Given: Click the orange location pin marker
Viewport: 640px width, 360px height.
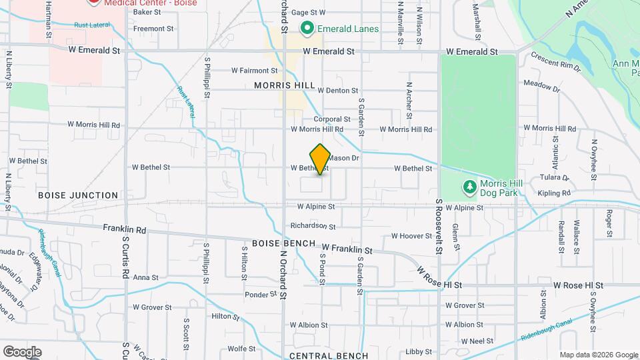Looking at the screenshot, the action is point(320,159).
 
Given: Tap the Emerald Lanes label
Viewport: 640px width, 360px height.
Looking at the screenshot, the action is point(347,29).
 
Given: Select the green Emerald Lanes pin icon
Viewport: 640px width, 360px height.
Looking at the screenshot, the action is point(307,29).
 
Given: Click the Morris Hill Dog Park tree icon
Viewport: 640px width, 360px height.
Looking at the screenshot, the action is point(471,187).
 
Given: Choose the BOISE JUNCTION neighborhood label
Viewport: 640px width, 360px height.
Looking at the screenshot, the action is point(78,195).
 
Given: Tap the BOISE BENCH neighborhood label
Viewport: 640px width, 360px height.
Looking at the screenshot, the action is point(283,243).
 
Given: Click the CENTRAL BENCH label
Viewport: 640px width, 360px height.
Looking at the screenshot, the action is point(329,356).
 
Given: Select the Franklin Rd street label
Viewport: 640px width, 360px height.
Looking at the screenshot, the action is point(124,228).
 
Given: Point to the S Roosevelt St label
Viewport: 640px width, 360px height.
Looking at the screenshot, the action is point(439,225).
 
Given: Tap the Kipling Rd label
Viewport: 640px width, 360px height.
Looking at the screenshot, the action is point(556,193).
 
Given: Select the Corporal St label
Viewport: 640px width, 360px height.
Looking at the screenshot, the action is point(337,119).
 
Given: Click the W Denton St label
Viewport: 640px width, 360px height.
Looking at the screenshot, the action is point(338,90).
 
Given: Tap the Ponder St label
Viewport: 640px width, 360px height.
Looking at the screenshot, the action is point(261,294).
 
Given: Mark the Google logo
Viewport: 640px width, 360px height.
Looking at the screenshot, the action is point(22,351).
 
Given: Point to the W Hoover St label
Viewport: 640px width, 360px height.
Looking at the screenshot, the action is point(412,236).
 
